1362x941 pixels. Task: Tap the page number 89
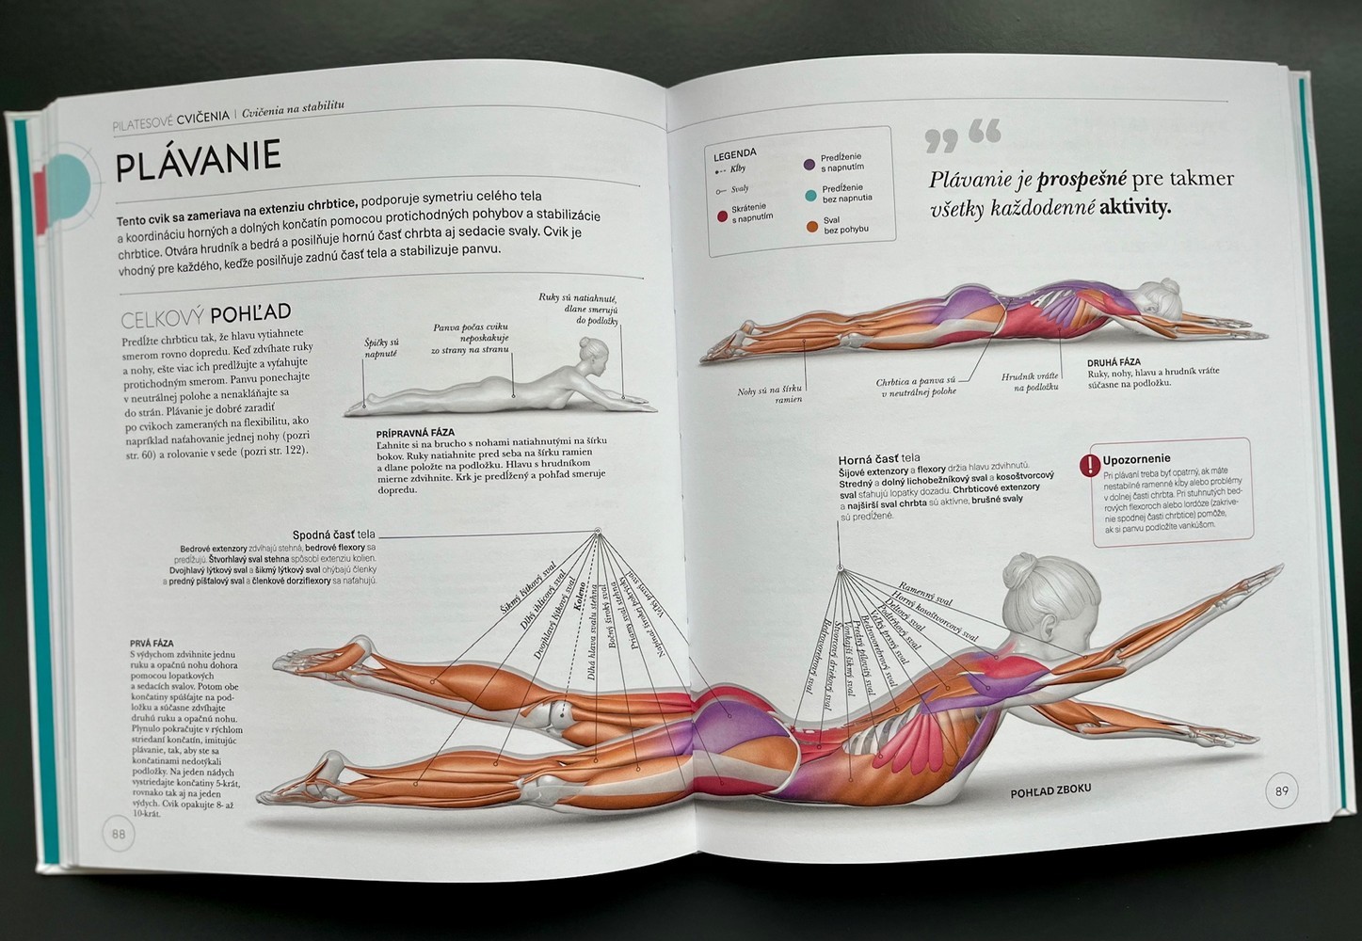click(1280, 790)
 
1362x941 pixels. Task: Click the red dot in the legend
click(722, 216)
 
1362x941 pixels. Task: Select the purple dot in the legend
click(809, 164)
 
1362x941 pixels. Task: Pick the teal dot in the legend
click(809, 195)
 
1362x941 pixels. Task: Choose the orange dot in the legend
click(810, 226)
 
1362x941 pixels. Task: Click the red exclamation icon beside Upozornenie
click(1089, 464)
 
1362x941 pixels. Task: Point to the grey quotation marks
click(962, 136)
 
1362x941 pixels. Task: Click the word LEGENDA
click(735, 153)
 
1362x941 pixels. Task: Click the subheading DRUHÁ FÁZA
click(1114, 361)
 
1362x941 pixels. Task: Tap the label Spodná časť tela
click(333, 534)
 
